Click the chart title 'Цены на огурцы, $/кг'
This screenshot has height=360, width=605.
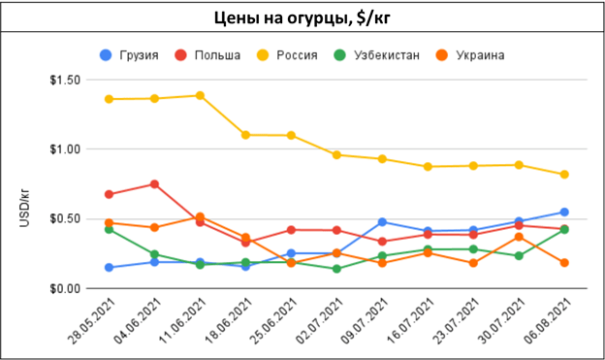point(302,17)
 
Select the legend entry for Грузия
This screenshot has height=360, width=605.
point(129,55)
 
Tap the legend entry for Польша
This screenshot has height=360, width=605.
point(207,55)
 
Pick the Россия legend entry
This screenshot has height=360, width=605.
point(287,55)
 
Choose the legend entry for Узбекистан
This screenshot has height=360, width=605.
point(376,55)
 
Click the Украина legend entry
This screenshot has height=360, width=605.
point(470,55)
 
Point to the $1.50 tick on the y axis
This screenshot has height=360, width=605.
point(65,80)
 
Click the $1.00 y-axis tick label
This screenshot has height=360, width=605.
point(65,149)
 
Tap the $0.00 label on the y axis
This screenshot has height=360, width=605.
point(65,288)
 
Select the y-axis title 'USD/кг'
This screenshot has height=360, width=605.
point(24,208)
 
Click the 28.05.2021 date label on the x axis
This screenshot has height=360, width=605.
point(92,321)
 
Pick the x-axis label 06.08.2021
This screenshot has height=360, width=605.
point(548,321)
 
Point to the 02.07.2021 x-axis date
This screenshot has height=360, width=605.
point(320,321)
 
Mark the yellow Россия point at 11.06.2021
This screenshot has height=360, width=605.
point(200,95)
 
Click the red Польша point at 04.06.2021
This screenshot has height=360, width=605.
point(154,183)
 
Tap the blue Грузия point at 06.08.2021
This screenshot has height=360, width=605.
point(564,212)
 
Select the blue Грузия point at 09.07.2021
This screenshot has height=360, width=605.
point(382,221)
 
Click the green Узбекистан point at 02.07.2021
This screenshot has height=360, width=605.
point(336,269)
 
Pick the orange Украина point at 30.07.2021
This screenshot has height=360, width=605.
point(519,237)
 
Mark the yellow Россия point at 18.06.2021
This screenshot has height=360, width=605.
point(245,135)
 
